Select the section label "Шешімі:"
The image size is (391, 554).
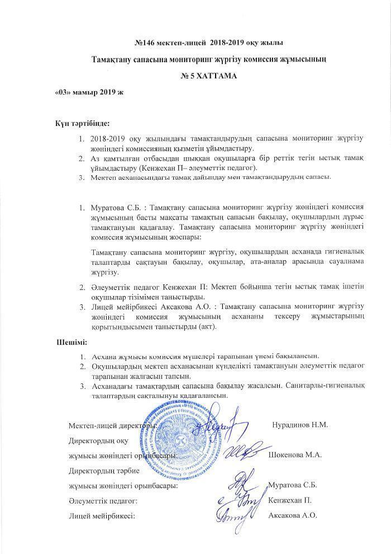[72, 341]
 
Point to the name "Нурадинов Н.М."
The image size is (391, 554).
[300, 424]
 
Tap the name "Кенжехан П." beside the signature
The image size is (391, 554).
[290, 500]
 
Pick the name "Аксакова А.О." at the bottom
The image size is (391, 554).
[293, 515]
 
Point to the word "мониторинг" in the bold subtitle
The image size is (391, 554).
[181, 59]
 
